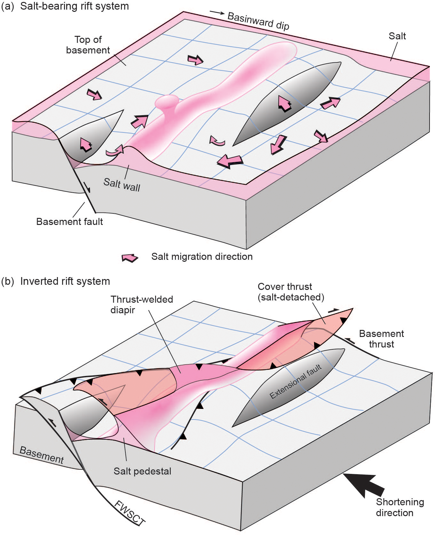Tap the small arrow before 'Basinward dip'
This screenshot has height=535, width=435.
point(217,12)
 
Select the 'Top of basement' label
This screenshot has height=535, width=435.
point(88,45)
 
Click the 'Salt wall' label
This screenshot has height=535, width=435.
point(122,185)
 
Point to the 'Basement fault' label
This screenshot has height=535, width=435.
point(69,221)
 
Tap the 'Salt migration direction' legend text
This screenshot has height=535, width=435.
point(202,257)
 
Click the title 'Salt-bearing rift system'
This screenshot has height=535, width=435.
point(74,6)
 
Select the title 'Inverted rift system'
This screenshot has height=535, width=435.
point(65,281)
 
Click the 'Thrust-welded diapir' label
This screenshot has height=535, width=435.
point(142,304)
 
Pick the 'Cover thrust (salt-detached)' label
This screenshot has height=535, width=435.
point(291,292)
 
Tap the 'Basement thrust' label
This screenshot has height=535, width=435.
point(381,339)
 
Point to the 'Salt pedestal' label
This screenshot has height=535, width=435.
point(142,471)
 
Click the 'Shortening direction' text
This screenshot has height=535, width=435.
point(399,507)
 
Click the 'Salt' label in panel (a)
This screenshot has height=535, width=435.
point(397,36)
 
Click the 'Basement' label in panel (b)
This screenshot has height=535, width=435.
point(42,455)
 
